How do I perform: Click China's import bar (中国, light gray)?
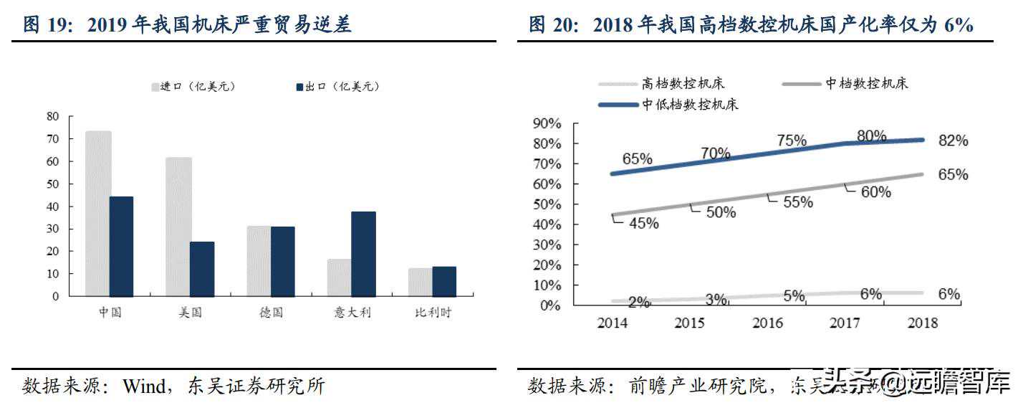point(98,214)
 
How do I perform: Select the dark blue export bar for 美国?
point(202,269)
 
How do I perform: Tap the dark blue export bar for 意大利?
point(364,254)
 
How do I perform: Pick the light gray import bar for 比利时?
point(420,282)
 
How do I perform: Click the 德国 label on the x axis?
point(272,313)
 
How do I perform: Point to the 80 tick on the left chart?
point(52,116)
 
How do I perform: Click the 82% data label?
point(953,141)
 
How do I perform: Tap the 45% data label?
point(643,223)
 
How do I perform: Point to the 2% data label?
point(639,302)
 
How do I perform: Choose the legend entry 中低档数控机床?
point(690,105)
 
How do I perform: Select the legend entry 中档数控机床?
point(866,84)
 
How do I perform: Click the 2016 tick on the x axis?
point(768,323)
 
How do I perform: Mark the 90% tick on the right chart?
point(547,124)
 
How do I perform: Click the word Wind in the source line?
point(144,387)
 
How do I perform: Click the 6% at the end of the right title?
point(959,26)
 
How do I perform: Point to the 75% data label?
point(792,141)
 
